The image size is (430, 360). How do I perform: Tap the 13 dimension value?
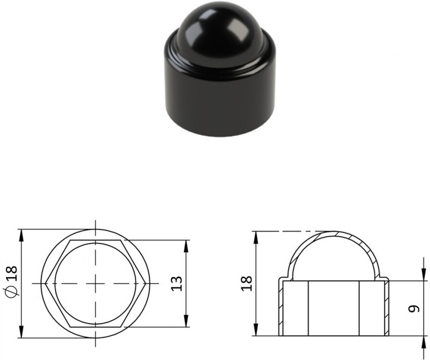point(177,283)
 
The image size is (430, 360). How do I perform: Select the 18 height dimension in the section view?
point(246,283)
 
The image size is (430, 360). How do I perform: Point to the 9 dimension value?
point(414,309)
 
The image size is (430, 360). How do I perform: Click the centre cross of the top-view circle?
point(95,283)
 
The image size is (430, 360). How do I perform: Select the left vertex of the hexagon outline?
point(45,283)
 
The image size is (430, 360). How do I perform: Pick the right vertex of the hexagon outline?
point(145,283)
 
